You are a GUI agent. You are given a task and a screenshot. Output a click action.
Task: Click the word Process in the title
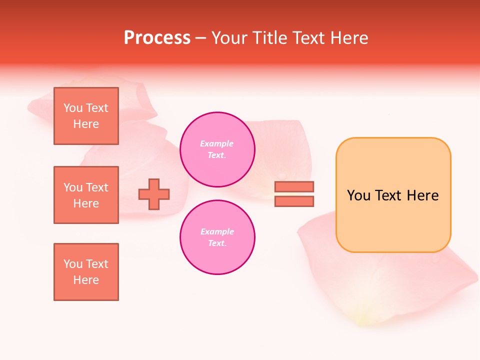point(157,38)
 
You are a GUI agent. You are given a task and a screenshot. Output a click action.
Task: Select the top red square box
point(86,116)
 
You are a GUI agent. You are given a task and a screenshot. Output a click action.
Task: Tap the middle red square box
point(86,195)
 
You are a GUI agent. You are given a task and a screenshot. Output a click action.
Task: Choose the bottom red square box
point(86,271)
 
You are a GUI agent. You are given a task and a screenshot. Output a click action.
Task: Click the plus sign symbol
point(154,194)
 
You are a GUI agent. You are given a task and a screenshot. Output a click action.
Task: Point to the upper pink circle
point(217,149)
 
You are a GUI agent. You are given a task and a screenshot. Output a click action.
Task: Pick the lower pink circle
point(217,237)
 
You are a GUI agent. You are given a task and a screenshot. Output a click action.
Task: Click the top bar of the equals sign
point(294,186)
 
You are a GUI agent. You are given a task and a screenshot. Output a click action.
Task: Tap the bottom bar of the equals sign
point(294,201)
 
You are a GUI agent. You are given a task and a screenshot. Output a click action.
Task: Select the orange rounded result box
point(393,195)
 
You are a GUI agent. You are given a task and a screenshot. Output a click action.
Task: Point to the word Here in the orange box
point(423,195)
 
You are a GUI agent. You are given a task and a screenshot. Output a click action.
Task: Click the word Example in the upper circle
point(216,143)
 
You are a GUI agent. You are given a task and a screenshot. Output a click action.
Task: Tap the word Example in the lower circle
point(216,231)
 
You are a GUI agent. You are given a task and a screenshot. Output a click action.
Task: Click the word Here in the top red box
point(86,124)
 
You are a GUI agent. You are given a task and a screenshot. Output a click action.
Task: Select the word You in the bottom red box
point(72,264)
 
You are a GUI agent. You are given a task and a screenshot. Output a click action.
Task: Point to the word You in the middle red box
point(72,187)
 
